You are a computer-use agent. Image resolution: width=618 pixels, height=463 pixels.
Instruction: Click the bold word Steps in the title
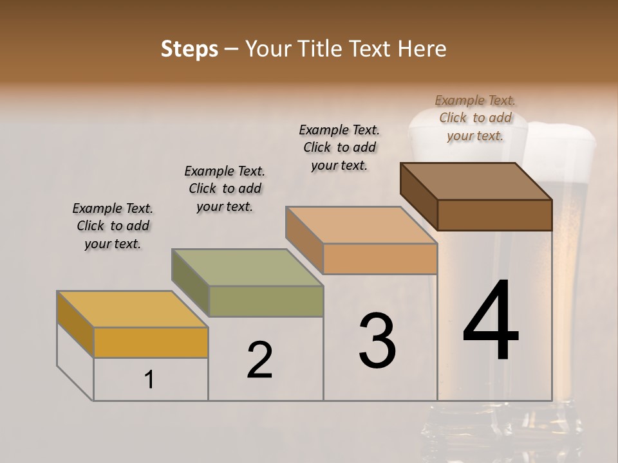pyautogui.click(x=189, y=49)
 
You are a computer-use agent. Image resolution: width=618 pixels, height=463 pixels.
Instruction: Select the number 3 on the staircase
pyautogui.click(x=377, y=341)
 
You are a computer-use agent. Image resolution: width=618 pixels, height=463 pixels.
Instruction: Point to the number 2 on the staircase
pyautogui.click(x=260, y=360)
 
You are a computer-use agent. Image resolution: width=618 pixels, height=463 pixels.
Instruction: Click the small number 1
pyautogui.click(x=149, y=380)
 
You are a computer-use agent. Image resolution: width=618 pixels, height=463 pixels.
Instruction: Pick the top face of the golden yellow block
pyautogui.click(x=132, y=309)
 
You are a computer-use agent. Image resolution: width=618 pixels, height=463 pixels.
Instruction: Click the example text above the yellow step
pyautogui.click(x=113, y=226)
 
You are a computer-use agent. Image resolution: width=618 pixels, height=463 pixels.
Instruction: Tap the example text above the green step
pyautogui.click(x=225, y=188)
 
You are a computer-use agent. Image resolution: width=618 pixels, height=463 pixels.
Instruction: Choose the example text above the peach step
pyautogui.click(x=339, y=147)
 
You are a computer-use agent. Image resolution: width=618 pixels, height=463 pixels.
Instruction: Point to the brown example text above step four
pyautogui.click(x=475, y=118)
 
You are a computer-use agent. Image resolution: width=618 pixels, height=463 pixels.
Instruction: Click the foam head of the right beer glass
pyautogui.click(x=560, y=136)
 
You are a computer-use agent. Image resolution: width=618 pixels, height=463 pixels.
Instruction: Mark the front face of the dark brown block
pyautogui.click(x=494, y=215)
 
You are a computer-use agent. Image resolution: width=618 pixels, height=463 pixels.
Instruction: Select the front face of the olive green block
pyautogui.click(x=266, y=301)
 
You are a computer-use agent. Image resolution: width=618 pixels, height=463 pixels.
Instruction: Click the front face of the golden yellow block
pyautogui.click(x=151, y=342)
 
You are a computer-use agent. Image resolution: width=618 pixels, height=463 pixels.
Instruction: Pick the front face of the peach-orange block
pyautogui.click(x=380, y=259)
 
